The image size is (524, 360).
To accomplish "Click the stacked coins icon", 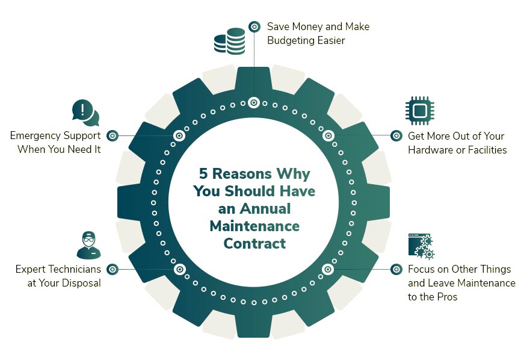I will tap(230, 40).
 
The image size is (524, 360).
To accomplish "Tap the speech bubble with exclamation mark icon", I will tap(85, 113).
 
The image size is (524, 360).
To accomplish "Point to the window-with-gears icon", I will tap(421, 246).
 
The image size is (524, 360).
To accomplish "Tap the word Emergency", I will tap(35, 136).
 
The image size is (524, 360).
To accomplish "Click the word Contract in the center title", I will tap(254, 243).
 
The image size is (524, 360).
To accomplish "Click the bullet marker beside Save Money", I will tap(254, 26).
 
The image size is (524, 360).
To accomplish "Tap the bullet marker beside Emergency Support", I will tap(113, 136).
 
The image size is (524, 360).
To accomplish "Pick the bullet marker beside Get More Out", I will tap(396, 136).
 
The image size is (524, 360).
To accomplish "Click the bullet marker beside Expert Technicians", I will tap(113, 269).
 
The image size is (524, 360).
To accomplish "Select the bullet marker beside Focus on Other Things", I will tap(396, 269).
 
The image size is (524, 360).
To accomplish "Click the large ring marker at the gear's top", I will tap(254, 103).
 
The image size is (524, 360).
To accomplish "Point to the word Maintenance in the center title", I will tap(254, 226).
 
